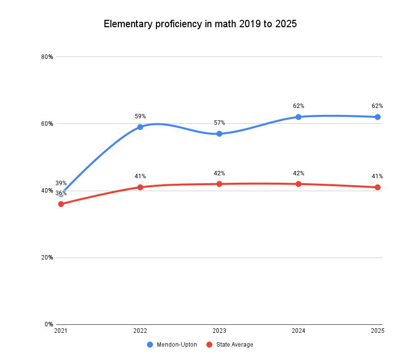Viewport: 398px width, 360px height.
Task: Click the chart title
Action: (x=200, y=24)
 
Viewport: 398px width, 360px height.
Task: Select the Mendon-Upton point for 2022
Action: (x=140, y=127)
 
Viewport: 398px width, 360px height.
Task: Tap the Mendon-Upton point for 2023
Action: (x=219, y=134)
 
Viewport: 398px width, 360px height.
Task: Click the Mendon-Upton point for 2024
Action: (x=298, y=117)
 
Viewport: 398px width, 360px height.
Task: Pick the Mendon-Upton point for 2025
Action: (x=378, y=117)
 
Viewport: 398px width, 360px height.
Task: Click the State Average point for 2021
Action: (x=61, y=204)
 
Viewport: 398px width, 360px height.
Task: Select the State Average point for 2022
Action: (x=140, y=187)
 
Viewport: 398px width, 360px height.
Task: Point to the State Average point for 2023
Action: (x=219, y=184)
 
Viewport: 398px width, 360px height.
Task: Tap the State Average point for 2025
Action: (x=378, y=187)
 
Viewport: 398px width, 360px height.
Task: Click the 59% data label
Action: (x=140, y=116)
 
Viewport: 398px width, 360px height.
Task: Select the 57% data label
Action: (x=219, y=123)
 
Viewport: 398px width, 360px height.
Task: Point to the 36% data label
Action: (x=61, y=193)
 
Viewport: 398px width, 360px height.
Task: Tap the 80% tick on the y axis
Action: (x=47, y=56)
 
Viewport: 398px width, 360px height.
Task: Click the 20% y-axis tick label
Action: (x=47, y=257)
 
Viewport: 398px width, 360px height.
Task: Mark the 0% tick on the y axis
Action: (x=49, y=324)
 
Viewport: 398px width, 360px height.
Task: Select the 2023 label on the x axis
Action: (x=219, y=330)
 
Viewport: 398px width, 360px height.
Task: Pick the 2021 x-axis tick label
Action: (x=61, y=330)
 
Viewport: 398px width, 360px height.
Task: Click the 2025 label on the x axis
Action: (x=378, y=330)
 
